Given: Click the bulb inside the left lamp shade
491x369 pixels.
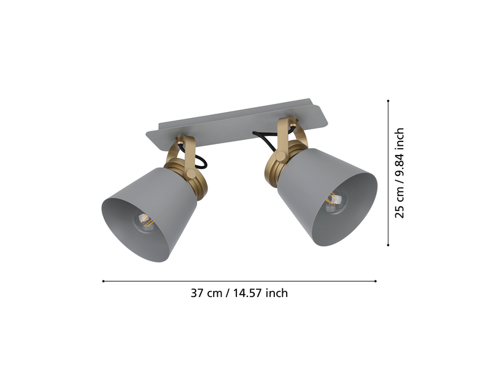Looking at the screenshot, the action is pos(144,221).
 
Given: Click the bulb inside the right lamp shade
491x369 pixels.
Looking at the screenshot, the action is pos(335,201).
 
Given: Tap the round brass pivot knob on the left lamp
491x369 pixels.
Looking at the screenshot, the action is pos(190,173).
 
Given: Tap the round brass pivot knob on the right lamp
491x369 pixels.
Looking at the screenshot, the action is pos(281,156).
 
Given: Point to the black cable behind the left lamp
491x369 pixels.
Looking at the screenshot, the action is pos(201,161).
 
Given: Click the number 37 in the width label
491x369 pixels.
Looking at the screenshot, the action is pos(197,293).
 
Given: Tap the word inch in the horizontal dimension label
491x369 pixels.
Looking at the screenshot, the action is pos(277,293).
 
